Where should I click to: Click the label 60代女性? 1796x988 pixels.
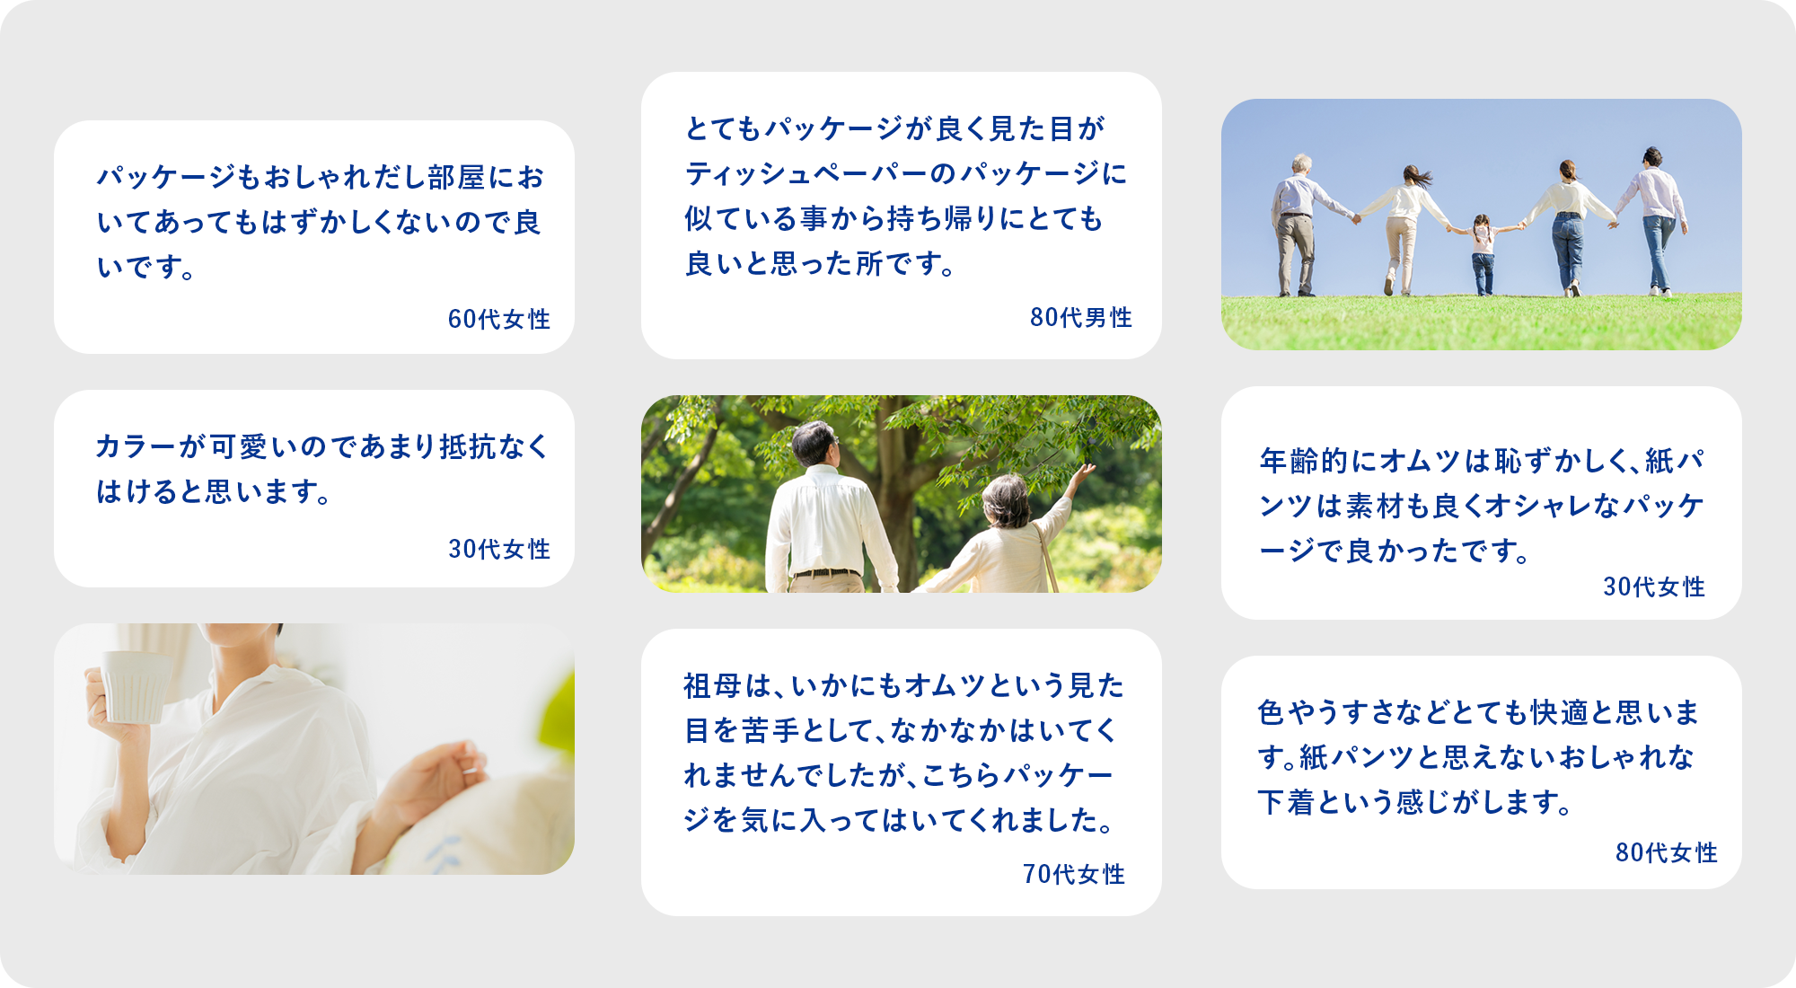point(498,319)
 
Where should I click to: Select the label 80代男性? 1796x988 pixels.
point(1080,317)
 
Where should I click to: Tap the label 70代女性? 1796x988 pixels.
point(1073,874)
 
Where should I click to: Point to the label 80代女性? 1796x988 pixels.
point(1666,852)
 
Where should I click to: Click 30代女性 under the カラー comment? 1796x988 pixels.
point(498,549)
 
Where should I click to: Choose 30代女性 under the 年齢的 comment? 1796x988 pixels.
point(1653,587)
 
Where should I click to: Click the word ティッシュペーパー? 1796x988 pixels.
point(792,173)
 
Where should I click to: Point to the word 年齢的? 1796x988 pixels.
point(1303,461)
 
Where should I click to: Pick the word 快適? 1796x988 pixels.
point(1560,712)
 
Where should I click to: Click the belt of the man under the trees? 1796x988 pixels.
point(826,573)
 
